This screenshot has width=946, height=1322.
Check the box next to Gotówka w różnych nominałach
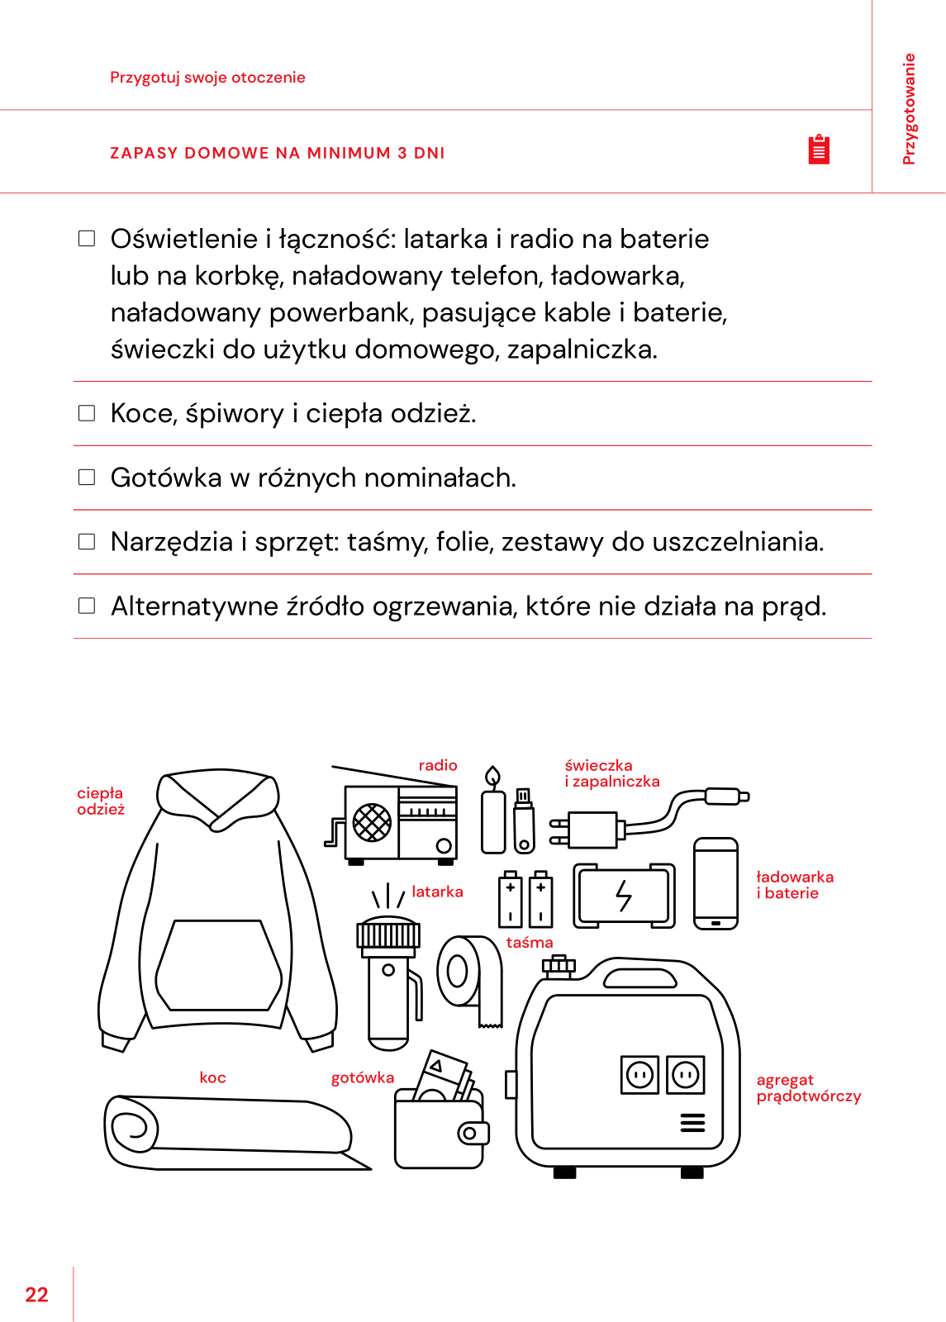point(87,478)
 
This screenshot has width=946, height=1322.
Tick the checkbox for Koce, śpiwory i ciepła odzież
point(87,413)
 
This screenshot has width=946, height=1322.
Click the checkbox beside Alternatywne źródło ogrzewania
point(87,606)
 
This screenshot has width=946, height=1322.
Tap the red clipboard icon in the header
point(819,150)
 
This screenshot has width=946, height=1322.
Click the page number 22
point(37,1295)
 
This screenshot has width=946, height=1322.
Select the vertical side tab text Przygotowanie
point(909,109)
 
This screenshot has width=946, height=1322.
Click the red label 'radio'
point(438,765)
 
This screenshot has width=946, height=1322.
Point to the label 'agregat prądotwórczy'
point(808,1088)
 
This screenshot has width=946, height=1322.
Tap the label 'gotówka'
point(363,1077)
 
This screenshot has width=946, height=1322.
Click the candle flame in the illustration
point(493,777)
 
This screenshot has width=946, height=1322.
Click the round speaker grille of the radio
point(372,823)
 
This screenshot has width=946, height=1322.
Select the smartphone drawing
point(715,883)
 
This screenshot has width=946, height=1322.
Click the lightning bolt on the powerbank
point(624,895)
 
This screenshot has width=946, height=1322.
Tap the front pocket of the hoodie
point(219,965)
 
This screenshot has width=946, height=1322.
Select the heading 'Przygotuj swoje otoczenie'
point(207,78)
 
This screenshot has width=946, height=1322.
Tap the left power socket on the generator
point(639,1075)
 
